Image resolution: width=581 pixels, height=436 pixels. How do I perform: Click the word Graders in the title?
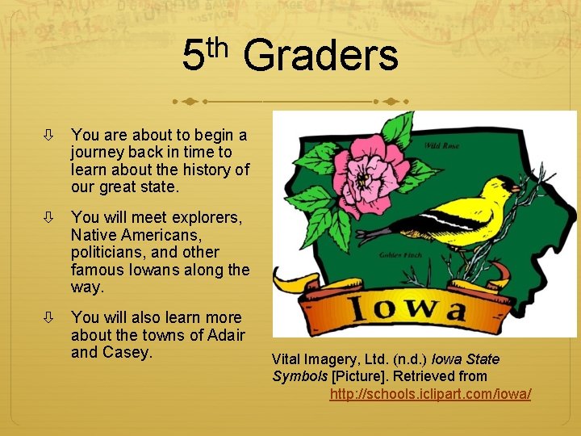(320, 57)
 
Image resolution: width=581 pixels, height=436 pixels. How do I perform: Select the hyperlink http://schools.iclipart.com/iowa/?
(430, 393)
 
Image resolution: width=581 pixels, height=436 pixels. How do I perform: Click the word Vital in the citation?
(287, 359)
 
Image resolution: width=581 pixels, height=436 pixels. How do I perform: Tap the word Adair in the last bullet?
(226, 336)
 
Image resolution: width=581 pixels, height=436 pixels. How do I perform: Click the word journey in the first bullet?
(95, 152)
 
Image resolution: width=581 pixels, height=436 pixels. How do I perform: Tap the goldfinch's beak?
(514, 188)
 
